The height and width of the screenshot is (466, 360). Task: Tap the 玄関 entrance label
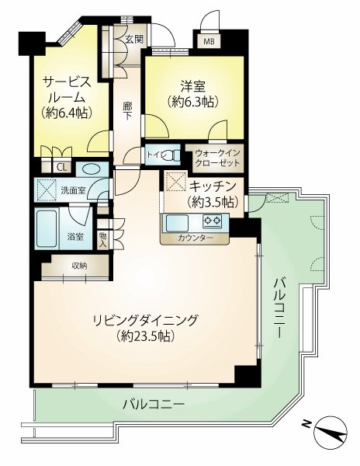click(134, 39)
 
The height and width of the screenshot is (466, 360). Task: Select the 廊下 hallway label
click(127, 111)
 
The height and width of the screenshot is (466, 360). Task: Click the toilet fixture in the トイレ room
click(172, 155)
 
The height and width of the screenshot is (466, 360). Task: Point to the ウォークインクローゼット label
click(217, 158)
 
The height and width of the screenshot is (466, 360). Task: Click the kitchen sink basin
click(177, 224)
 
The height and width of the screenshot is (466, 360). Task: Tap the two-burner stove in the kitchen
click(212, 221)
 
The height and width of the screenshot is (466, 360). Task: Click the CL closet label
click(62, 168)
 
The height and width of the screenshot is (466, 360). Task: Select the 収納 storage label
click(79, 266)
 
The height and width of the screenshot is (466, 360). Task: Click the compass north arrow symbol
click(332, 430)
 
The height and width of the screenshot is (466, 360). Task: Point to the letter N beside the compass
click(306, 424)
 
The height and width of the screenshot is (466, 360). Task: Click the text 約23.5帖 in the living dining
click(145, 336)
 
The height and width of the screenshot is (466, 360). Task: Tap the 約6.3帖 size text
click(193, 102)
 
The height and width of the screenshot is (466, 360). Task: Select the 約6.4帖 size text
click(66, 113)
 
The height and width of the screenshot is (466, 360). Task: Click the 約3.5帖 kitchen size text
click(213, 203)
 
